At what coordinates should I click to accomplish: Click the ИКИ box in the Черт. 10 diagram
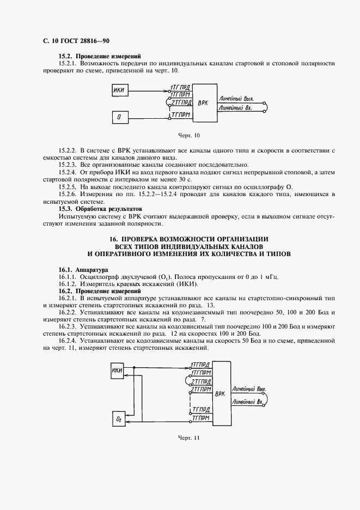point(120,91)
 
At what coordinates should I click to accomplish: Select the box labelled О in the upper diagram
point(120,116)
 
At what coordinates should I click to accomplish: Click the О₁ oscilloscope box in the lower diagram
point(117,417)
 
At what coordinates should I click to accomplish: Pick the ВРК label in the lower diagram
point(220,393)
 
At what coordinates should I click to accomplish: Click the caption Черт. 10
point(189,135)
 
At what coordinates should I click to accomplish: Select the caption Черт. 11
point(189,438)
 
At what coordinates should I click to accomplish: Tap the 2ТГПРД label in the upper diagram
point(180,102)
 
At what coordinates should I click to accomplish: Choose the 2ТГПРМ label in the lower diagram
point(200,390)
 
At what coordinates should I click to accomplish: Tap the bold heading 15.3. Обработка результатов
point(101,209)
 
